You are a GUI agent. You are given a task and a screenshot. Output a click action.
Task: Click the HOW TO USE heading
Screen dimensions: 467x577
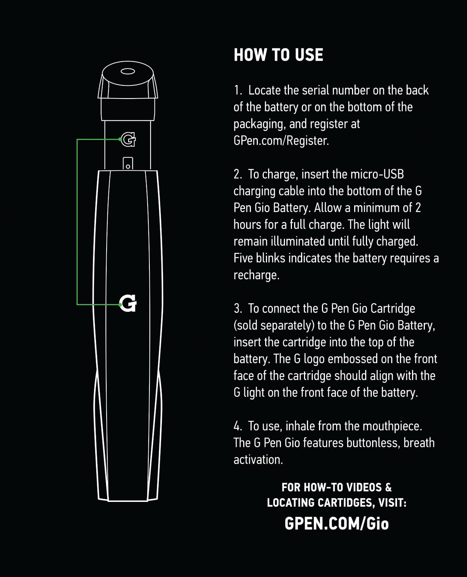coord(278,55)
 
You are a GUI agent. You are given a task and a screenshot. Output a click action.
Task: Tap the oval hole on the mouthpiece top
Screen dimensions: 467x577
coord(127,71)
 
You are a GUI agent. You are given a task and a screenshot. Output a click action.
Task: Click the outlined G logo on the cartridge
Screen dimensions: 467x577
coord(128,140)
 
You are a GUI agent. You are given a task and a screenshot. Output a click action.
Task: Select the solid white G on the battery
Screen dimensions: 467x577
coord(128,303)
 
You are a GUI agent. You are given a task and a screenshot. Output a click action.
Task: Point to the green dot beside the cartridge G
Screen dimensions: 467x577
coord(120,139)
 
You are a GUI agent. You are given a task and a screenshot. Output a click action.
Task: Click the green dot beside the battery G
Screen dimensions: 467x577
coord(120,304)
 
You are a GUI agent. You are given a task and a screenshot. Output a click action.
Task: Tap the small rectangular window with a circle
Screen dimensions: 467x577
coord(128,163)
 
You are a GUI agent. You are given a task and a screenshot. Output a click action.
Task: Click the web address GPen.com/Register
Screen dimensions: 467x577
coord(281,141)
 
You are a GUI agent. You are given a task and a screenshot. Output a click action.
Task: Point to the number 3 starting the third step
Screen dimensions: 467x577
coord(238,308)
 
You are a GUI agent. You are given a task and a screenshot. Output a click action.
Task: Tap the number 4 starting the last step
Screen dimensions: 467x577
coord(238,426)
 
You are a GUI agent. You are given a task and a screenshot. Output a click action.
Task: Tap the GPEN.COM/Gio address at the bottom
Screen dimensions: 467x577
coord(337,524)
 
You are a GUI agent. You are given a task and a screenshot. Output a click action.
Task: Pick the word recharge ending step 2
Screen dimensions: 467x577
coord(256,275)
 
